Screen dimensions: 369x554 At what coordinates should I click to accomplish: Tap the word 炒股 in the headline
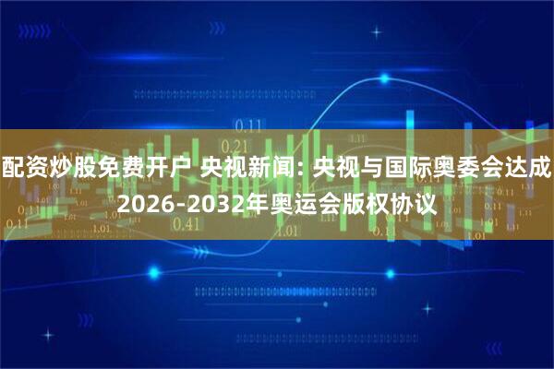click(x=68, y=168)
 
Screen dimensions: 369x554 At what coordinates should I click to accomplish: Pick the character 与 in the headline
click(x=367, y=168)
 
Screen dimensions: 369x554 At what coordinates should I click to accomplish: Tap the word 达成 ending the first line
click(x=529, y=168)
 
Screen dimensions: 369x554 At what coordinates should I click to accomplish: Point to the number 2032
click(x=211, y=199)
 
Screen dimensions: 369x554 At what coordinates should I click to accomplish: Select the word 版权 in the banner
click(x=353, y=199)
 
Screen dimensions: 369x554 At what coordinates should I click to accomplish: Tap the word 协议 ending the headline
click(x=408, y=199)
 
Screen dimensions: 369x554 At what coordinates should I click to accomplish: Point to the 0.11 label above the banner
click(x=247, y=125)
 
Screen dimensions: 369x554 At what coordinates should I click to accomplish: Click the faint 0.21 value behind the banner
click(x=236, y=146)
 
